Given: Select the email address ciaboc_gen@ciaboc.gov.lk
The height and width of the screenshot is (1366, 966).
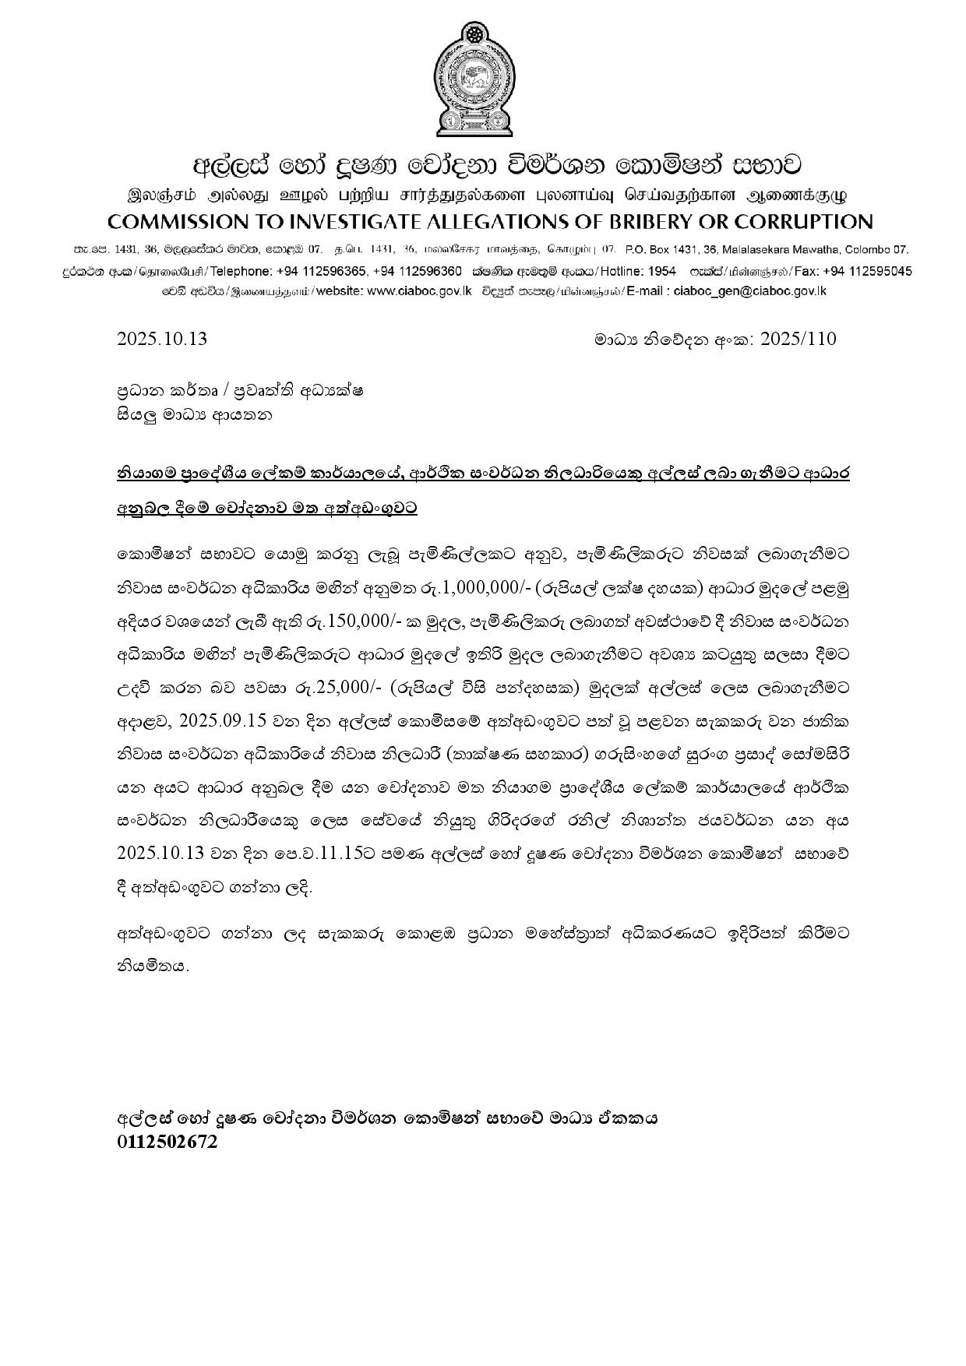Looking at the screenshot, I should [749, 291].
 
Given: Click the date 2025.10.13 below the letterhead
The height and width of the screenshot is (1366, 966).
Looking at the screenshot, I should [162, 339].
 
